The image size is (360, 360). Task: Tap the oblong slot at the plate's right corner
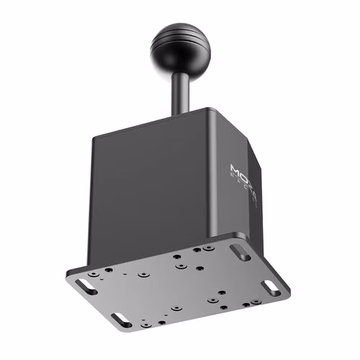point(270,287)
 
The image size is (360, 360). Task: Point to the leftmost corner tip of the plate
point(66,277)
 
